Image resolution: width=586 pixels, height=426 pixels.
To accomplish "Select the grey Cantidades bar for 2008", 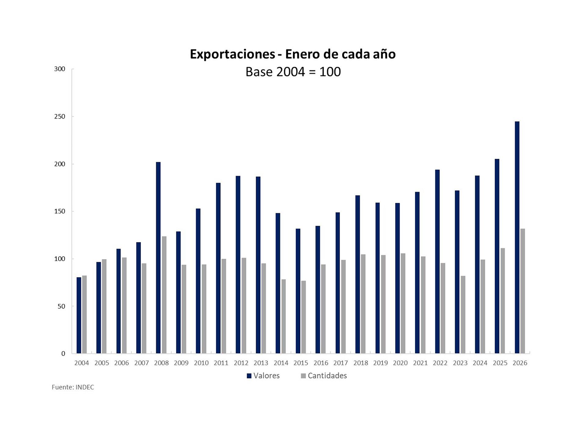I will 164,295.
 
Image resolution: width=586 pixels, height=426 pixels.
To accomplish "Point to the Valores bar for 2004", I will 79,315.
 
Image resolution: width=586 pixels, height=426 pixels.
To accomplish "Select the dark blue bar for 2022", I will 437,262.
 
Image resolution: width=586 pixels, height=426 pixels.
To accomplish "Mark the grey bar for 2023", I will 463,314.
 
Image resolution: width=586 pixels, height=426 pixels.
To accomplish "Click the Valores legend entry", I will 263,376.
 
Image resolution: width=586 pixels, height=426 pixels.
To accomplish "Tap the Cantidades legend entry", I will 324,376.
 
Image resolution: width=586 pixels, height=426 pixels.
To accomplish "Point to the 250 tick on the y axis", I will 60,116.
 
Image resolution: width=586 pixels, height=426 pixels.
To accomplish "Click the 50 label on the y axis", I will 61,306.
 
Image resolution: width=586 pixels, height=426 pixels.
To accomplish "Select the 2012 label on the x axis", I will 241,363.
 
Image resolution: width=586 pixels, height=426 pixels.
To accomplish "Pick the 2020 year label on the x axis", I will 400,363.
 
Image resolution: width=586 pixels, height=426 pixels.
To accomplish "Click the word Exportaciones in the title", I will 232,54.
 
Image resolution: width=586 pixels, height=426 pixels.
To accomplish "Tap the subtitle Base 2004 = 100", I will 293,72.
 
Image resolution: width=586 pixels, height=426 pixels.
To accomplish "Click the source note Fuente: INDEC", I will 73,387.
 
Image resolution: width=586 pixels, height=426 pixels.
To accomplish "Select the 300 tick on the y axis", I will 60,69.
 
